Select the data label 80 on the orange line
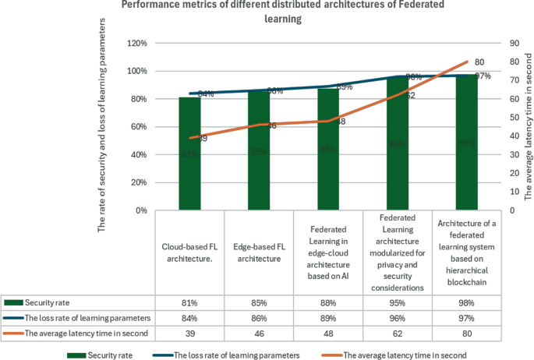coord(479,62)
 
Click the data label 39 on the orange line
coord(201,138)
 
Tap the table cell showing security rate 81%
coord(189,302)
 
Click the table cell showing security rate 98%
coord(466,302)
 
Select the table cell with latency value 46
coord(259,333)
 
